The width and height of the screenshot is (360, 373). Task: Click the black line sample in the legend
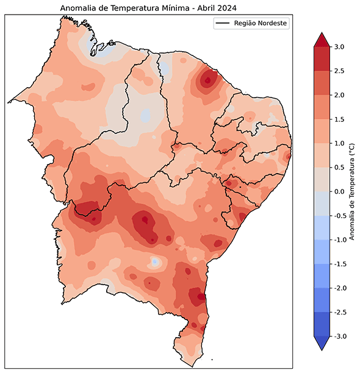[x=223, y=23]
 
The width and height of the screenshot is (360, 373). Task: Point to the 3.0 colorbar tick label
[x=339, y=47]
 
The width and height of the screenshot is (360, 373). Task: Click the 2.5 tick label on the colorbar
[x=339, y=71]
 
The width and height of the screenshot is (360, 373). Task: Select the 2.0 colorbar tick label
[x=339, y=95]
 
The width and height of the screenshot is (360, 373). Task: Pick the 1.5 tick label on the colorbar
[x=339, y=119]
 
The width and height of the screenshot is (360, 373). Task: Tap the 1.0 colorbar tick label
[x=339, y=143]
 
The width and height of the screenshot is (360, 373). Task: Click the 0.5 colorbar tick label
[x=339, y=168]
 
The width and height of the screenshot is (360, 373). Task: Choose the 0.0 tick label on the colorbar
[x=339, y=191]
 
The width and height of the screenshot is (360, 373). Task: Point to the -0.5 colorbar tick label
[x=338, y=216]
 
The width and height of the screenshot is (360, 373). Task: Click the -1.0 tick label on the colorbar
[x=338, y=240]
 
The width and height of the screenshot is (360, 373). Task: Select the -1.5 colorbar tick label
[x=338, y=264]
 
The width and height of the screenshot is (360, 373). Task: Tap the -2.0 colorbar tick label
[x=338, y=288]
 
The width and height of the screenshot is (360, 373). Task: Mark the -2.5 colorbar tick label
[x=338, y=312]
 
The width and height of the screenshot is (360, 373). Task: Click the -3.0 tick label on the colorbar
[x=338, y=336]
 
